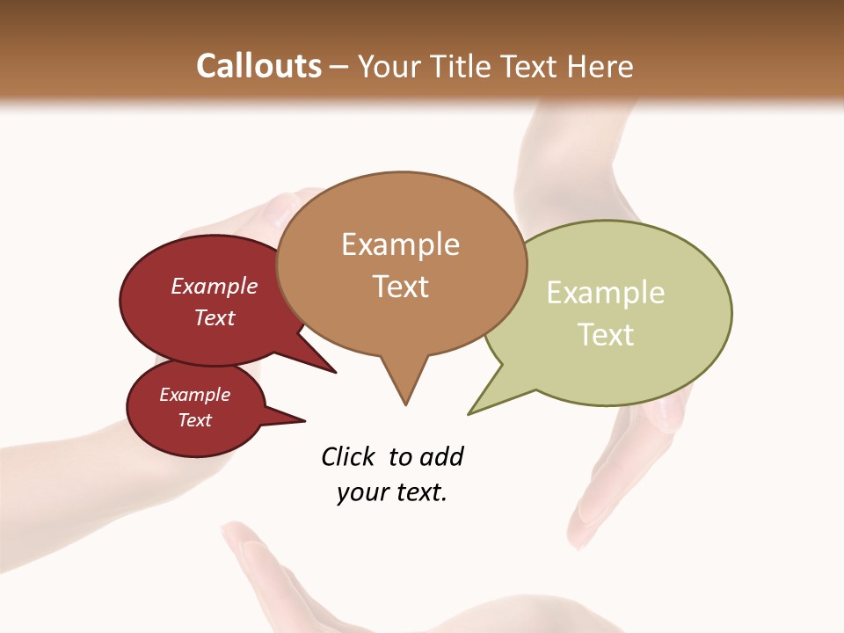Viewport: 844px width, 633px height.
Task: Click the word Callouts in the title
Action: coord(258,66)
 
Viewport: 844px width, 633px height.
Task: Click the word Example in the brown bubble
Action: coord(400,244)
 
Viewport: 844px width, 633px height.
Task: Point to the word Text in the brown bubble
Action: coord(400,287)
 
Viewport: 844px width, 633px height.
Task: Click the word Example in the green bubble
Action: coord(606,293)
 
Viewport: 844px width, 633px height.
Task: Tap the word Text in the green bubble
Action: coord(606,335)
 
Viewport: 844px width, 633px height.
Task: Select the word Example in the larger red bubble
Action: coord(215,286)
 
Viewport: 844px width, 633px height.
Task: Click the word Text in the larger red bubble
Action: coord(215,317)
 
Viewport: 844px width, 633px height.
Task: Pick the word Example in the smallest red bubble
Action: coord(194,395)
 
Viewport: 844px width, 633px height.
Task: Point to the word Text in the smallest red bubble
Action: coord(194,420)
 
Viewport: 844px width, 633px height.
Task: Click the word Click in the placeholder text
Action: coord(349,457)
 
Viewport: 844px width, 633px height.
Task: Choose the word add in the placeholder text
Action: coord(441,457)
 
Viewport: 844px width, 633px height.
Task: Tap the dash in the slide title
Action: coord(339,67)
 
